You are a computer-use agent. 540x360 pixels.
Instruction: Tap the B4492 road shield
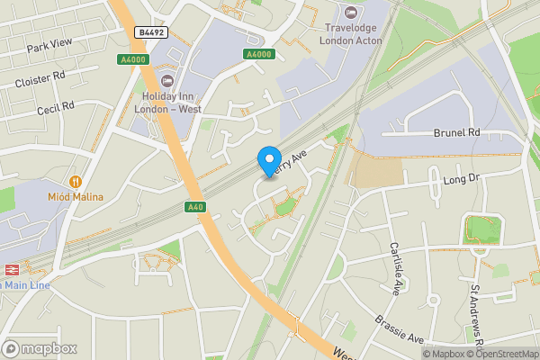pos(152,32)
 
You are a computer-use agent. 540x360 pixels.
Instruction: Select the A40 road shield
pos(195,207)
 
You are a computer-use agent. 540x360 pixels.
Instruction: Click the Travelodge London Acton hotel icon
pos(350,13)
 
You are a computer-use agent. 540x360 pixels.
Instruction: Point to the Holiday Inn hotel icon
pos(167,81)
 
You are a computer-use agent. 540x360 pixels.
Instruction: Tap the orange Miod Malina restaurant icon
pos(76,182)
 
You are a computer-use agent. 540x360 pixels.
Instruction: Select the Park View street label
pos(49,45)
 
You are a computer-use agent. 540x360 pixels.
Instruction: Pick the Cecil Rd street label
pos(54,109)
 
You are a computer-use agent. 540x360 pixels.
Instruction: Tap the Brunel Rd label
pos(457,132)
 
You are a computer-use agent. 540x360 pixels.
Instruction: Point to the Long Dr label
pos(463,181)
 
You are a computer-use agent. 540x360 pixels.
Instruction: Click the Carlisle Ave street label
pos(395,268)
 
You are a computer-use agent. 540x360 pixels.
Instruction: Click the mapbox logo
pos(40,348)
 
